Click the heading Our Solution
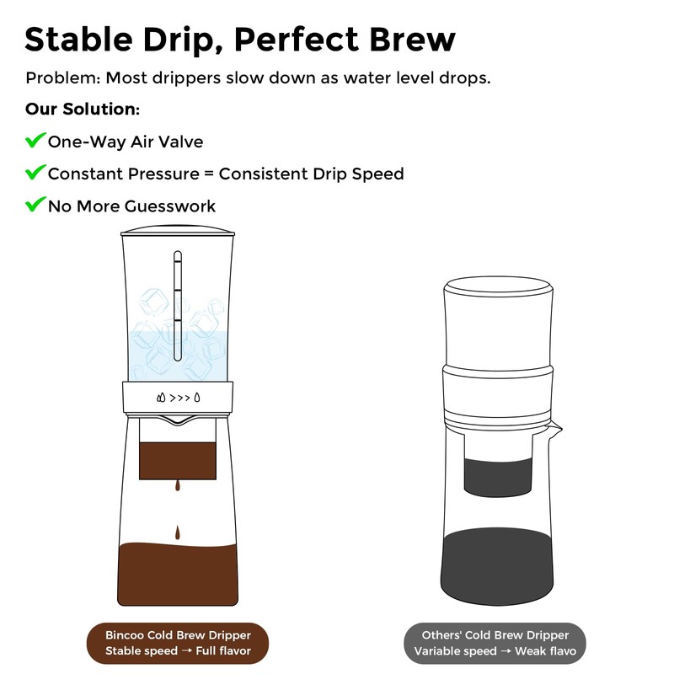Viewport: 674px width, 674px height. tap(82, 110)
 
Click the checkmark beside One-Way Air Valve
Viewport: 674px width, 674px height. tap(35, 141)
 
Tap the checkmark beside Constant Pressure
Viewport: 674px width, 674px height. tap(35, 173)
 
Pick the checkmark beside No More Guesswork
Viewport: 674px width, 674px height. tap(35, 205)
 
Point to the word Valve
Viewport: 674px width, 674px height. tap(180, 142)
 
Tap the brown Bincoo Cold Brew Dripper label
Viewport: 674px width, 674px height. tap(179, 643)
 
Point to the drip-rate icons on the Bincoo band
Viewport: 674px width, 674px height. tap(179, 397)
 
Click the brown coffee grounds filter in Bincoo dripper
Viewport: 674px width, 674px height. tap(178, 459)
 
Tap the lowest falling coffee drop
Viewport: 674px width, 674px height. tap(178, 532)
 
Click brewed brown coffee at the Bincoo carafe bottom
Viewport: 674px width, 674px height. tap(178, 573)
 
